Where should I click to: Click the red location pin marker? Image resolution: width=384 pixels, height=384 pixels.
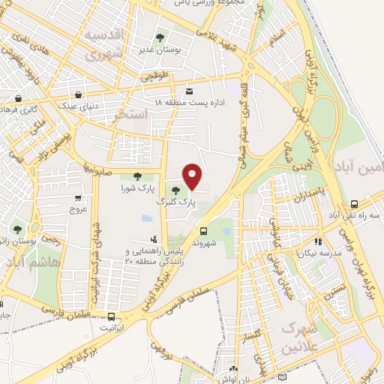(193, 176)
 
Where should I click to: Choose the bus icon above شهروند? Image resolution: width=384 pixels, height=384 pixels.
(204, 231)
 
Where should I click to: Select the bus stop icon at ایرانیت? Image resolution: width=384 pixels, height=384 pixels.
(112, 316)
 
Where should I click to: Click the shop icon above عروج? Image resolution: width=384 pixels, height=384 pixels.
(78, 199)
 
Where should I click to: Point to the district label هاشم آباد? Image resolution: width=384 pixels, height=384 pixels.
(30, 263)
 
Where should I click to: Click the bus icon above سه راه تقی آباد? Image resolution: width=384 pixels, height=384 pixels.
(354, 204)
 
